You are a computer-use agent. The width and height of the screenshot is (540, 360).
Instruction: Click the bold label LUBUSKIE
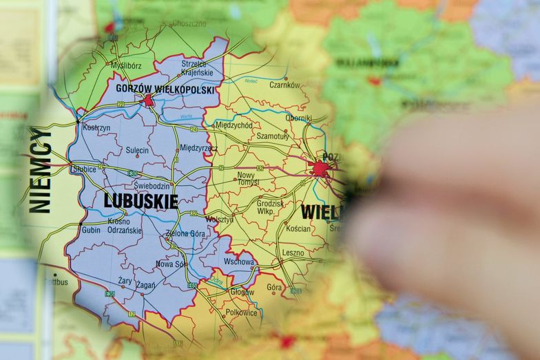(x=141, y=201)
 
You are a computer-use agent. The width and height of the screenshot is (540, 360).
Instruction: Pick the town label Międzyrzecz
(x=198, y=148)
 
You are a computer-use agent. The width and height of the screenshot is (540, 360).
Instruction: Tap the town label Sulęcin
(x=137, y=150)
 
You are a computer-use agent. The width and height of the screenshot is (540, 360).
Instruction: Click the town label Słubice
(x=84, y=169)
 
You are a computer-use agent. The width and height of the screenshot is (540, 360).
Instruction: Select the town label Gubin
(x=90, y=230)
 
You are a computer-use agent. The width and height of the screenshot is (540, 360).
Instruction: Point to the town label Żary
(x=125, y=281)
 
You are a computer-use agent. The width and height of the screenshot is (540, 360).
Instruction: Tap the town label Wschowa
(x=238, y=262)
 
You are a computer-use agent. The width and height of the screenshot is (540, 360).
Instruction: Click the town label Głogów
(x=242, y=292)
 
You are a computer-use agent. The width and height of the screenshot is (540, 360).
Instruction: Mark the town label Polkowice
(x=241, y=313)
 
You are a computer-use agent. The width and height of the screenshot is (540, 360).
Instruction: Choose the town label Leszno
(x=293, y=253)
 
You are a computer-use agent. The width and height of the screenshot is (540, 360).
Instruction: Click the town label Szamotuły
(x=272, y=137)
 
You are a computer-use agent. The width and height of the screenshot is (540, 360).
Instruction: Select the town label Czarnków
(x=284, y=85)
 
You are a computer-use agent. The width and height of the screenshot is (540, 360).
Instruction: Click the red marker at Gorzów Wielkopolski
(x=149, y=101)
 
